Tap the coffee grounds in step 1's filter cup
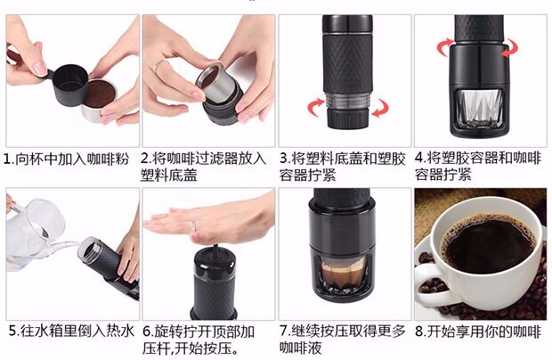pos(101,94)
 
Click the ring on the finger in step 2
pos(161,65)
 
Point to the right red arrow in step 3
pos(380,108)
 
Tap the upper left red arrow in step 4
pos(445,47)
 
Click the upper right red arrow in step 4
pos(509,47)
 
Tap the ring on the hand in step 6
pos(193,226)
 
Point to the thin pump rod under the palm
pos(215,251)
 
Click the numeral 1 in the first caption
pos(7,160)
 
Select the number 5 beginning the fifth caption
pos(12,331)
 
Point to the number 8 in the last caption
pos(419,331)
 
